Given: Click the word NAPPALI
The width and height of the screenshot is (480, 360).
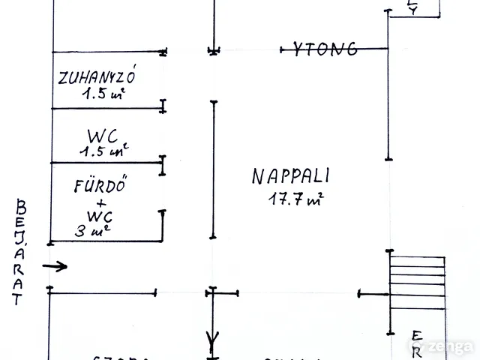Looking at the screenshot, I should point(291,178).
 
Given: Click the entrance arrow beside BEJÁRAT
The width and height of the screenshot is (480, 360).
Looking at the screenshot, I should point(55,266).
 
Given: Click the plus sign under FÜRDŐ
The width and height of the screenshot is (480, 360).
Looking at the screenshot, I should point(101,202).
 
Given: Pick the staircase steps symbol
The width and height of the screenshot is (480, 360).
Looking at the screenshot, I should point(417,279).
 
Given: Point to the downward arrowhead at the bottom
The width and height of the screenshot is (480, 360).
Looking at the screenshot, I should point(214,342).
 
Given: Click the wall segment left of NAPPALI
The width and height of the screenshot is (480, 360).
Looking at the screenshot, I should point(214,169).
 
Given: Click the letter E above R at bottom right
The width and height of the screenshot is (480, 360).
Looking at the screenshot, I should point(416,334).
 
